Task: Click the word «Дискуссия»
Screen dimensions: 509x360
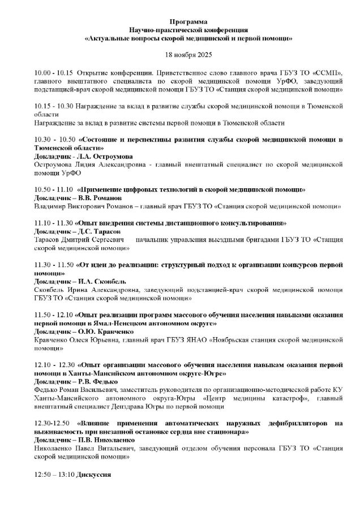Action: coord(94,473)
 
